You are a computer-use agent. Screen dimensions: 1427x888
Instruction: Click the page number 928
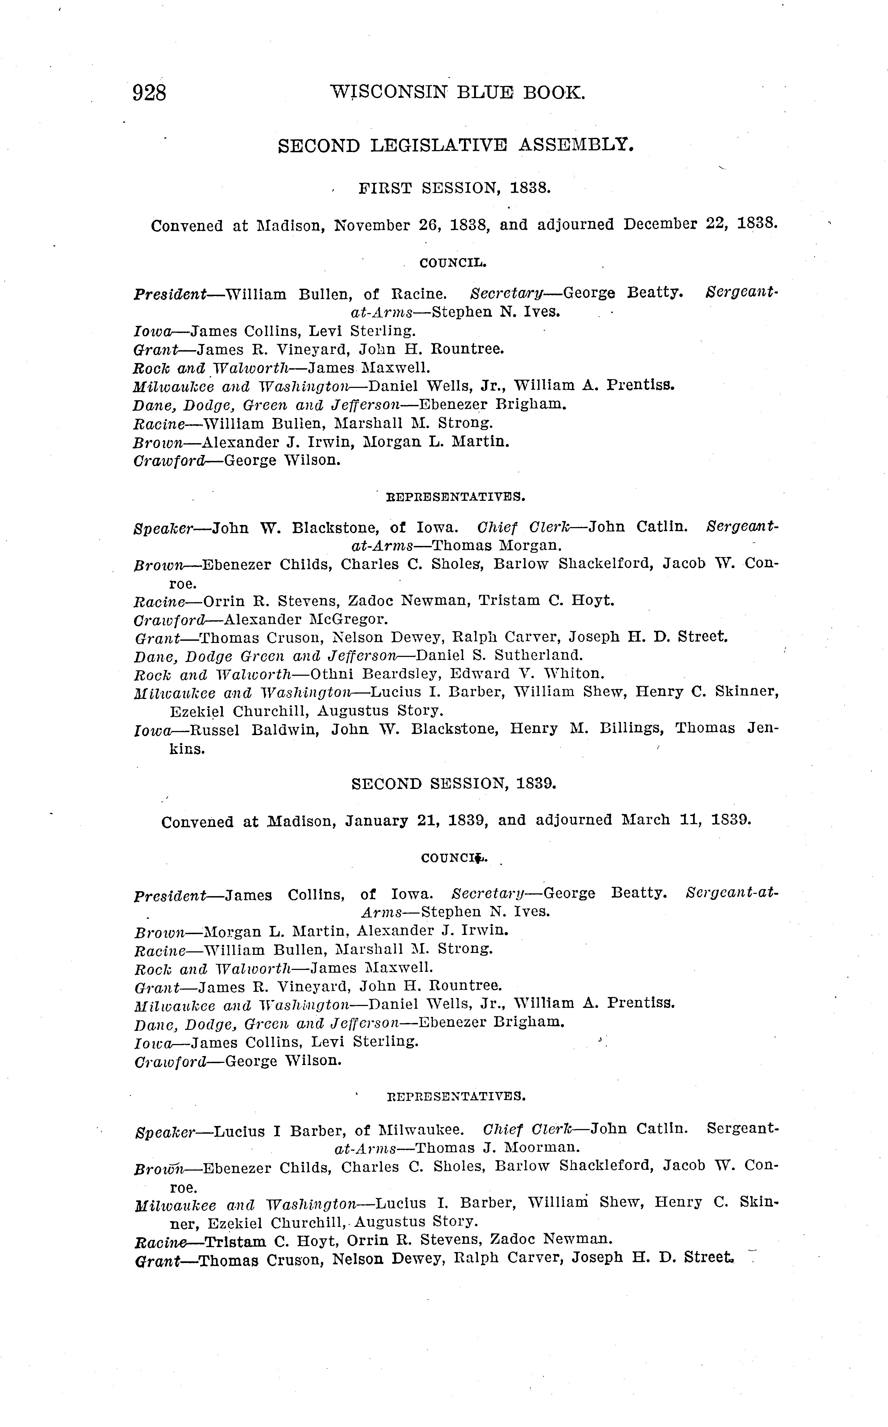(x=150, y=93)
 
